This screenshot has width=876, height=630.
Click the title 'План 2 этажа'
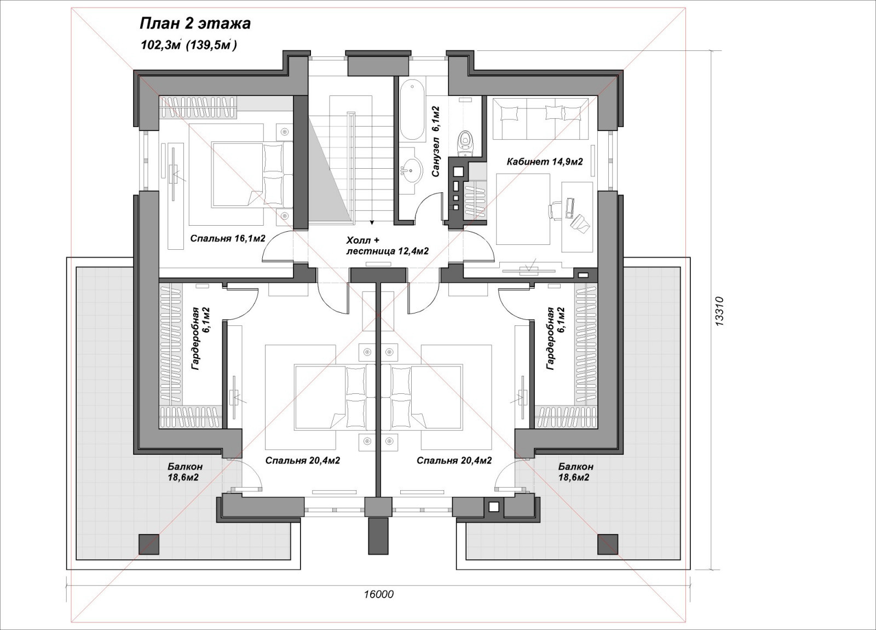coord(195,24)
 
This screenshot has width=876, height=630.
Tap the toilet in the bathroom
coord(465,143)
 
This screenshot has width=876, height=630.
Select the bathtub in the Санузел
coord(412,110)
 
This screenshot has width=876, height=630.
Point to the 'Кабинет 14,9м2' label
coord(544,162)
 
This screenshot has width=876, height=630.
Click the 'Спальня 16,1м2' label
coord(228,239)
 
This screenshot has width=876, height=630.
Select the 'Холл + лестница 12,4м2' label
coord(387,245)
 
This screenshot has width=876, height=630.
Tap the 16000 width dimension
coord(378,594)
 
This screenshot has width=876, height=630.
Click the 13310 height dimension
coord(719,312)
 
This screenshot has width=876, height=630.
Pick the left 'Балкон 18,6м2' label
coord(184,472)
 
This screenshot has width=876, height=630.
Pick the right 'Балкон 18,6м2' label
coord(575,472)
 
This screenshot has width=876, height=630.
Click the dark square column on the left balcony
coord(149,545)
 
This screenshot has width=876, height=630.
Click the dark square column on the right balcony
coord(608,545)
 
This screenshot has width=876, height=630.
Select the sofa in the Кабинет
coord(540,118)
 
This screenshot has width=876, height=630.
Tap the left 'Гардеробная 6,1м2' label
coord(200,339)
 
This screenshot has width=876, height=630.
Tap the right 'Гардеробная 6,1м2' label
coord(556,339)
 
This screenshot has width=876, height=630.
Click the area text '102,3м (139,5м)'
coord(188,45)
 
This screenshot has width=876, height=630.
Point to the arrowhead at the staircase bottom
coord(372,222)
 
